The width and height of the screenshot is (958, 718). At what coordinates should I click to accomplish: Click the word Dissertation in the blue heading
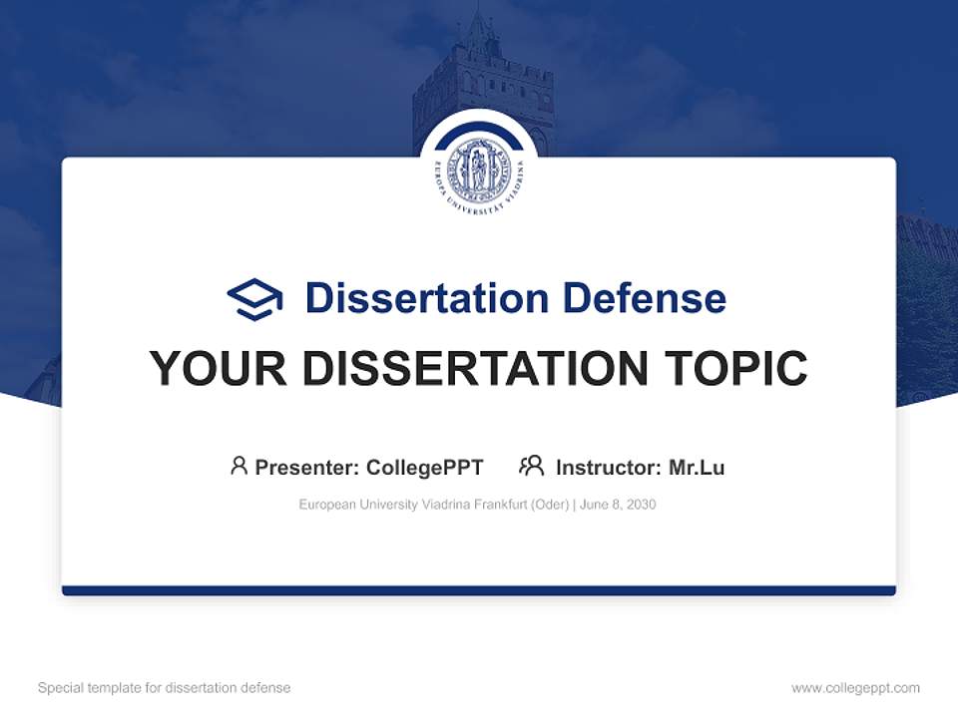(426, 298)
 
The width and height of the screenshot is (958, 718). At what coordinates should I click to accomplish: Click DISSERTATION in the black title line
(475, 369)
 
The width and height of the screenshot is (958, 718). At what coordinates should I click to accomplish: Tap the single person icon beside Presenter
(239, 466)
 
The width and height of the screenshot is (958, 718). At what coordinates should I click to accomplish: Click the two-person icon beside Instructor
(531, 466)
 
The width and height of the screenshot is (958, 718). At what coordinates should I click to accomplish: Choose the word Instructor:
(608, 467)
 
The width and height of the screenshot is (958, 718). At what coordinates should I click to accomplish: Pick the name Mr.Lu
(697, 467)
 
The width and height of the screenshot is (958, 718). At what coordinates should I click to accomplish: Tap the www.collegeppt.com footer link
(855, 688)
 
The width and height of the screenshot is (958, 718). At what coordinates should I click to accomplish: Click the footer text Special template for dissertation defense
(164, 688)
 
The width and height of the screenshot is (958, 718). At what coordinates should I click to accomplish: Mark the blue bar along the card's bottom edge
(479, 590)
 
